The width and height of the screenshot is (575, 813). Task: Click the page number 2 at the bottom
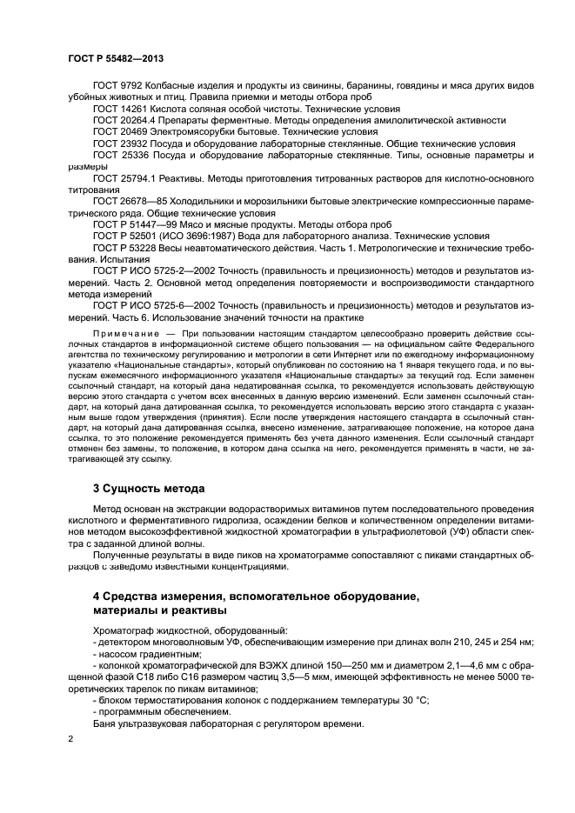point(70,739)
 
